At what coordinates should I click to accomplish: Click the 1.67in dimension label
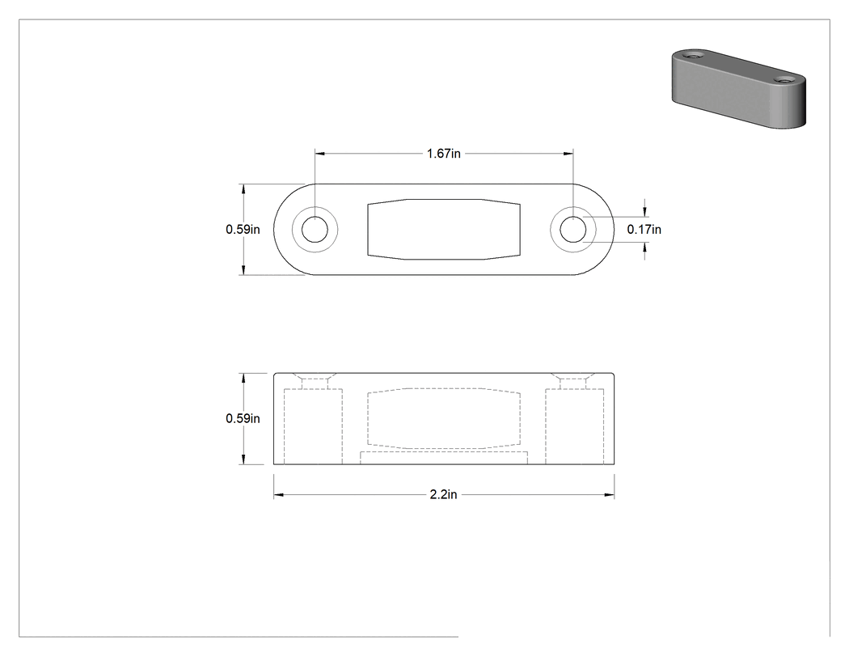click(443, 154)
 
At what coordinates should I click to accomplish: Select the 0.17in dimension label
click(644, 230)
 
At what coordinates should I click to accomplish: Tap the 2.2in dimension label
click(443, 494)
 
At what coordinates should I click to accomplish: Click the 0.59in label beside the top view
click(243, 230)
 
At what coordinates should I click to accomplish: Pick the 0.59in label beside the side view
click(243, 419)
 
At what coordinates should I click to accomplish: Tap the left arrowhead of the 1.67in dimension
click(320, 154)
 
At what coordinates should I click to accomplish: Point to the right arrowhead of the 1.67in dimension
click(568, 154)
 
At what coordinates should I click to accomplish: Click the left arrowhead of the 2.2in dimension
click(278, 494)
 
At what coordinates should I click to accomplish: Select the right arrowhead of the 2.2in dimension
click(609, 494)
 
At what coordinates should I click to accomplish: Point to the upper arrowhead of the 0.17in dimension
click(644, 211)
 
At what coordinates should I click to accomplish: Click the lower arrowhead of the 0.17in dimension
click(644, 248)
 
